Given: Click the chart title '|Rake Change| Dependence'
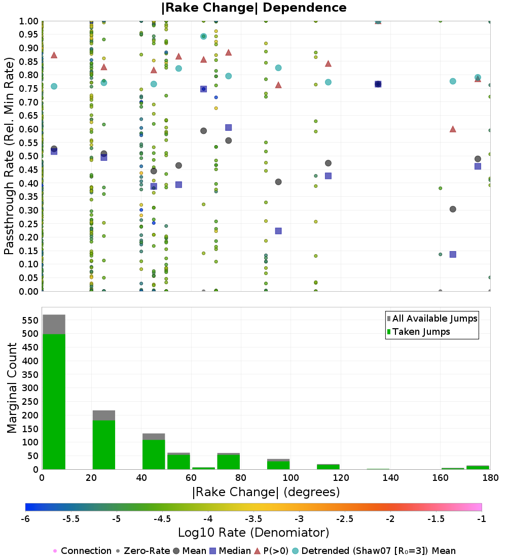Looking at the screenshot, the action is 253,8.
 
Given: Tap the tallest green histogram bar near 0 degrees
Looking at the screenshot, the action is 54,401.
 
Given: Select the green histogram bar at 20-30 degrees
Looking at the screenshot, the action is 104,445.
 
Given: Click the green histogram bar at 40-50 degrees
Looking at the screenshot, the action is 154,455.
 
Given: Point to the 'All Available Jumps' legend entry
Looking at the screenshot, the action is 432,319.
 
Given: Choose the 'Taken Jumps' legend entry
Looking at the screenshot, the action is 418,332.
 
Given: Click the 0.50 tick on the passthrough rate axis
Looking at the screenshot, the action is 28,156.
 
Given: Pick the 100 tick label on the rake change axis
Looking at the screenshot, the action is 291,477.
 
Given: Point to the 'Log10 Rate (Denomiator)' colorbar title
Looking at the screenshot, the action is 253,533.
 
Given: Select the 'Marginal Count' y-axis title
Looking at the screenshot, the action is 12,388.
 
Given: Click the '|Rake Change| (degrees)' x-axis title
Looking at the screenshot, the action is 266,492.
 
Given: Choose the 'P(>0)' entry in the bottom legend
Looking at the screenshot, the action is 272,551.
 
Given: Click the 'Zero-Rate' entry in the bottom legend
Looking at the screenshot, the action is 143,551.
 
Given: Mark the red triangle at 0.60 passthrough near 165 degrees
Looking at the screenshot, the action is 453,129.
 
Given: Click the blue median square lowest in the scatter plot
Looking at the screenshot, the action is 453,255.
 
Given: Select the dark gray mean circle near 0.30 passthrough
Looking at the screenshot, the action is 453,209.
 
